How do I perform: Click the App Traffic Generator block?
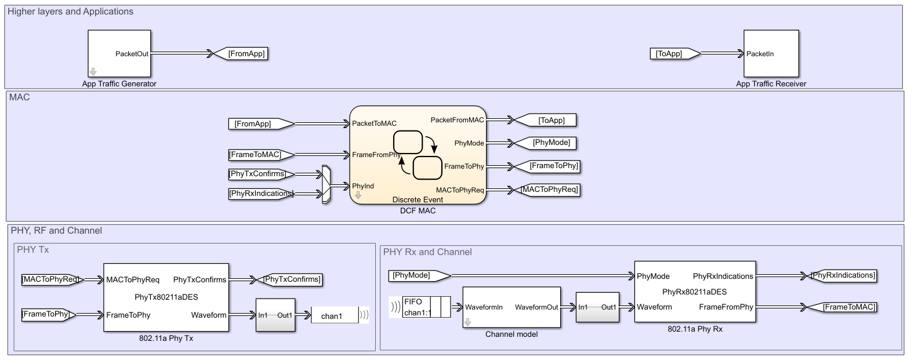tap(119, 54)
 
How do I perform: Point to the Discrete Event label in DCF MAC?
tap(418, 199)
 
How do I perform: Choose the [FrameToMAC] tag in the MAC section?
tap(259, 155)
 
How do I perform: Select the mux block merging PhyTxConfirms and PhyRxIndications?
tap(326, 184)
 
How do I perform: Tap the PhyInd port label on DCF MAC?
tap(363, 186)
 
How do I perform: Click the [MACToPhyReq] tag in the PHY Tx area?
tap(51, 280)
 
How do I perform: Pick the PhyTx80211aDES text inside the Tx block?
tap(165, 297)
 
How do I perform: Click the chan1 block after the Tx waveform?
tap(335, 317)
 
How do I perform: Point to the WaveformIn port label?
tap(484, 307)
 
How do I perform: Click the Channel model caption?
tap(511, 334)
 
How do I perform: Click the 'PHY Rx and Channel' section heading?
tap(427, 252)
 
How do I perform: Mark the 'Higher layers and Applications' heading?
tap(70, 12)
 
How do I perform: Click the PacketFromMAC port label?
tap(457, 120)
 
